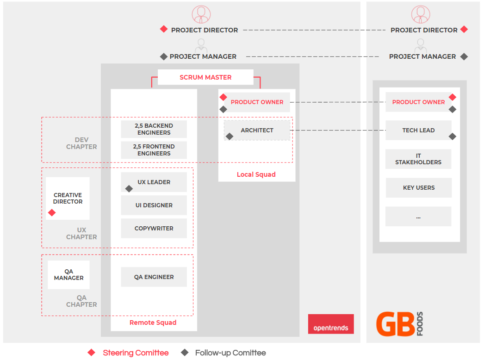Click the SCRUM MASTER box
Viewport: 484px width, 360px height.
[x=205, y=77]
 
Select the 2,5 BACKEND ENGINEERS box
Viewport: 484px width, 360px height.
[x=154, y=129]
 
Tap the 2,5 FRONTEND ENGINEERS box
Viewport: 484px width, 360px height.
[x=154, y=150]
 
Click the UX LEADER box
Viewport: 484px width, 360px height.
[x=154, y=182]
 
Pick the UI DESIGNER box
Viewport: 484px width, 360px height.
[x=154, y=205]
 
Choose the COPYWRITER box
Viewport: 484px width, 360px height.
[x=154, y=229]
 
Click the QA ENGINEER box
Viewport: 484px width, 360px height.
[x=154, y=277]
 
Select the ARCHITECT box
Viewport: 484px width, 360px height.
[x=257, y=130]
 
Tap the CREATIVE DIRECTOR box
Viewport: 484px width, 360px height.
[x=68, y=198]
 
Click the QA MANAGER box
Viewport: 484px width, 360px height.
[x=68, y=275]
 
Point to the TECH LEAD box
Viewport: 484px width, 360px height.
[x=418, y=130]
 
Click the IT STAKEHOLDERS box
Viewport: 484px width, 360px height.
[x=418, y=159]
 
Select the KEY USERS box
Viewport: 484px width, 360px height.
[x=419, y=188]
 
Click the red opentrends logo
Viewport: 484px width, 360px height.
[x=331, y=324]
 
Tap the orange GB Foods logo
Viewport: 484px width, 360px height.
[x=400, y=324]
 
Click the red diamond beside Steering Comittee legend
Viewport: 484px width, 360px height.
[x=91, y=352]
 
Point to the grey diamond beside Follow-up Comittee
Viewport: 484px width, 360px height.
[x=185, y=352]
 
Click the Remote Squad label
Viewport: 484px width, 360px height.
[x=153, y=323]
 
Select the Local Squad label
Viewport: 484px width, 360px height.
[x=256, y=174]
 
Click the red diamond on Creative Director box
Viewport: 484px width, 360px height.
[x=52, y=212]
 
